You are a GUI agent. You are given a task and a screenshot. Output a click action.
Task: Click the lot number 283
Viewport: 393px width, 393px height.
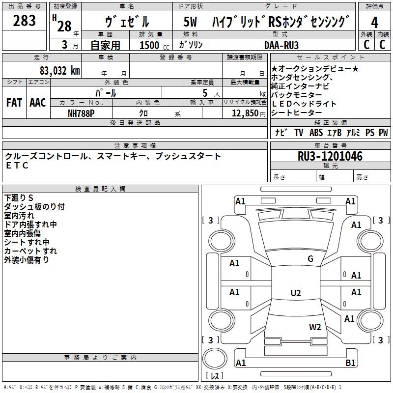pos(25,21)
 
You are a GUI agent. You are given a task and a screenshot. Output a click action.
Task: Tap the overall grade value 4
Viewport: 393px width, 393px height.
pos(375,22)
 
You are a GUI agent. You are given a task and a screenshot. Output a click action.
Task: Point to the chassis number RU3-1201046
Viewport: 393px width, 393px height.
pos(330,156)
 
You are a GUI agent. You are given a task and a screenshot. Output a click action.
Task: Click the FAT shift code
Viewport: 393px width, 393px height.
pos(14,103)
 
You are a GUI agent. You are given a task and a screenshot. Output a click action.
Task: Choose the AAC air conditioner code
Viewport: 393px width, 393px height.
pos(38,103)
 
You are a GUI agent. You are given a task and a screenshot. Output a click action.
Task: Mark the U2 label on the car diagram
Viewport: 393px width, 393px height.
pos(295,293)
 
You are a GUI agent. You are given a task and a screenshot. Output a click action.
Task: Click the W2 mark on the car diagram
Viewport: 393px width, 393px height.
pos(315,327)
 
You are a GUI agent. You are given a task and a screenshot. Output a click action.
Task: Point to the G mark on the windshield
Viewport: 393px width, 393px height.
pos(310,259)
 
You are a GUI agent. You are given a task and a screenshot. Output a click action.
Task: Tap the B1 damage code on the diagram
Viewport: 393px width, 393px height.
pos(350,363)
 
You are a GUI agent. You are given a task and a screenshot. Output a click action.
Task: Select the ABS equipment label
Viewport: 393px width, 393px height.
pos(316,133)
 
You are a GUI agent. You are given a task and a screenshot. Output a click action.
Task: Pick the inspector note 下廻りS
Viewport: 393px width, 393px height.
pos(19,198)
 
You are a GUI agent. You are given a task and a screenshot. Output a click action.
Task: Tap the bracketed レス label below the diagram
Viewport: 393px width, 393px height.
pos(217,377)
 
